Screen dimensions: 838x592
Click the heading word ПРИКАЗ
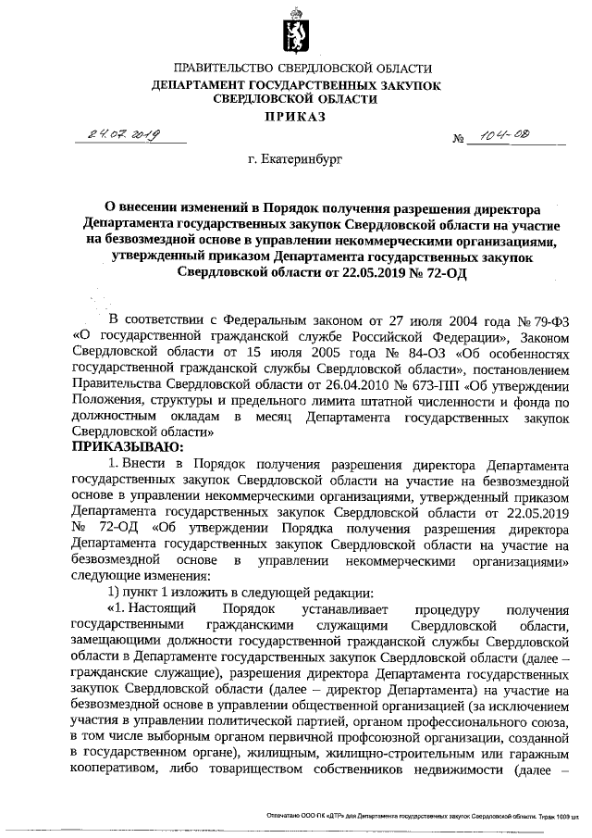(296, 117)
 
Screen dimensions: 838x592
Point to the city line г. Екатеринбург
(295, 160)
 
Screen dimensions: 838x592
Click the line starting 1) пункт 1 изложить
(213, 593)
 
